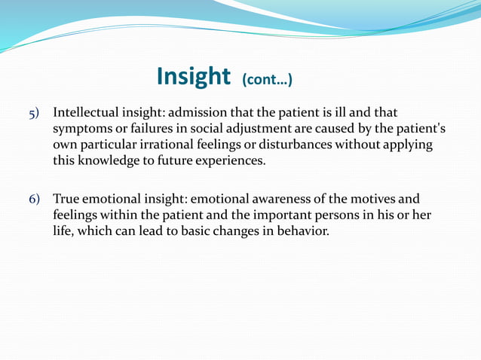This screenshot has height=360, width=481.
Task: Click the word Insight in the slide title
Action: pos(193,76)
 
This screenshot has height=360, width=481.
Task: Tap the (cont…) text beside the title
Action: pos(267,79)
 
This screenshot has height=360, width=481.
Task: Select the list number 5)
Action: pos(35,113)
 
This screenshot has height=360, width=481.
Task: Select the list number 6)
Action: pos(35,200)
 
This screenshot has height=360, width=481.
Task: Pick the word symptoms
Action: pos(80,128)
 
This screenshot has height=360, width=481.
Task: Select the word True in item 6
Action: pos(66,200)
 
